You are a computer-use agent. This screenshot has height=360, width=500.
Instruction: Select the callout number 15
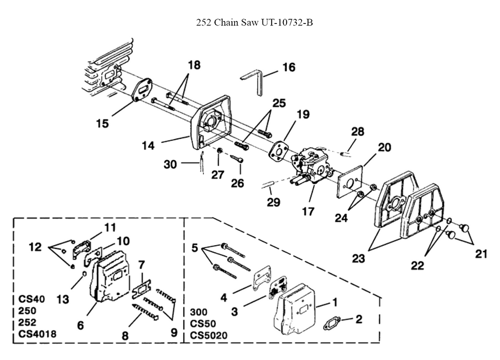102,123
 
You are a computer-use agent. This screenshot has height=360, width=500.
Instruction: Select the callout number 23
358,258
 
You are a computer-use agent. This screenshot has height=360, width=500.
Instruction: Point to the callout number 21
480,254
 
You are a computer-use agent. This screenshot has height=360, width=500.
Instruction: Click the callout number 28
357,131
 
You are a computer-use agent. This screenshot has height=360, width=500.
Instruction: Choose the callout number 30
170,163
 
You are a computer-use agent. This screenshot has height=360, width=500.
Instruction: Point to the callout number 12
35,247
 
